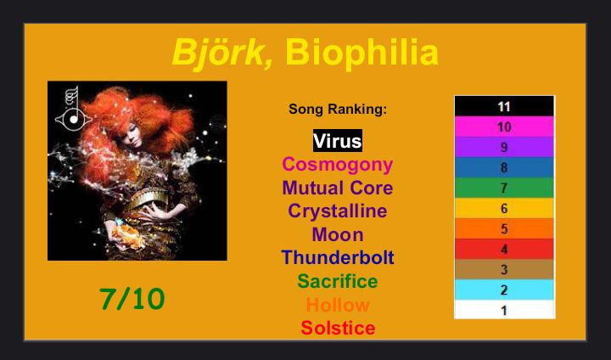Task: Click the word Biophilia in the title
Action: point(362,53)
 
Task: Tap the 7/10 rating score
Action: point(132,299)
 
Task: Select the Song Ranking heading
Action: point(338,109)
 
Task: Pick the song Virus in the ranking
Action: point(338,141)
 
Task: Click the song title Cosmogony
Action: point(338,165)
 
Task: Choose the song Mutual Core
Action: point(338,188)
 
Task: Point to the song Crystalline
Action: point(338,211)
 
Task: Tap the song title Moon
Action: point(338,235)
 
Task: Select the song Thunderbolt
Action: point(338,258)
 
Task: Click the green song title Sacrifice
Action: point(338,281)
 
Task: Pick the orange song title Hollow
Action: point(338,305)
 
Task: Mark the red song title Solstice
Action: point(338,328)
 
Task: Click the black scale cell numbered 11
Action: point(504,106)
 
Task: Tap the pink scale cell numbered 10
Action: point(504,127)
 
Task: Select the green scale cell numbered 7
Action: point(504,188)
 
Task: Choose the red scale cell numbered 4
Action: point(504,250)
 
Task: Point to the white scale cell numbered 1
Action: point(504,310)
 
